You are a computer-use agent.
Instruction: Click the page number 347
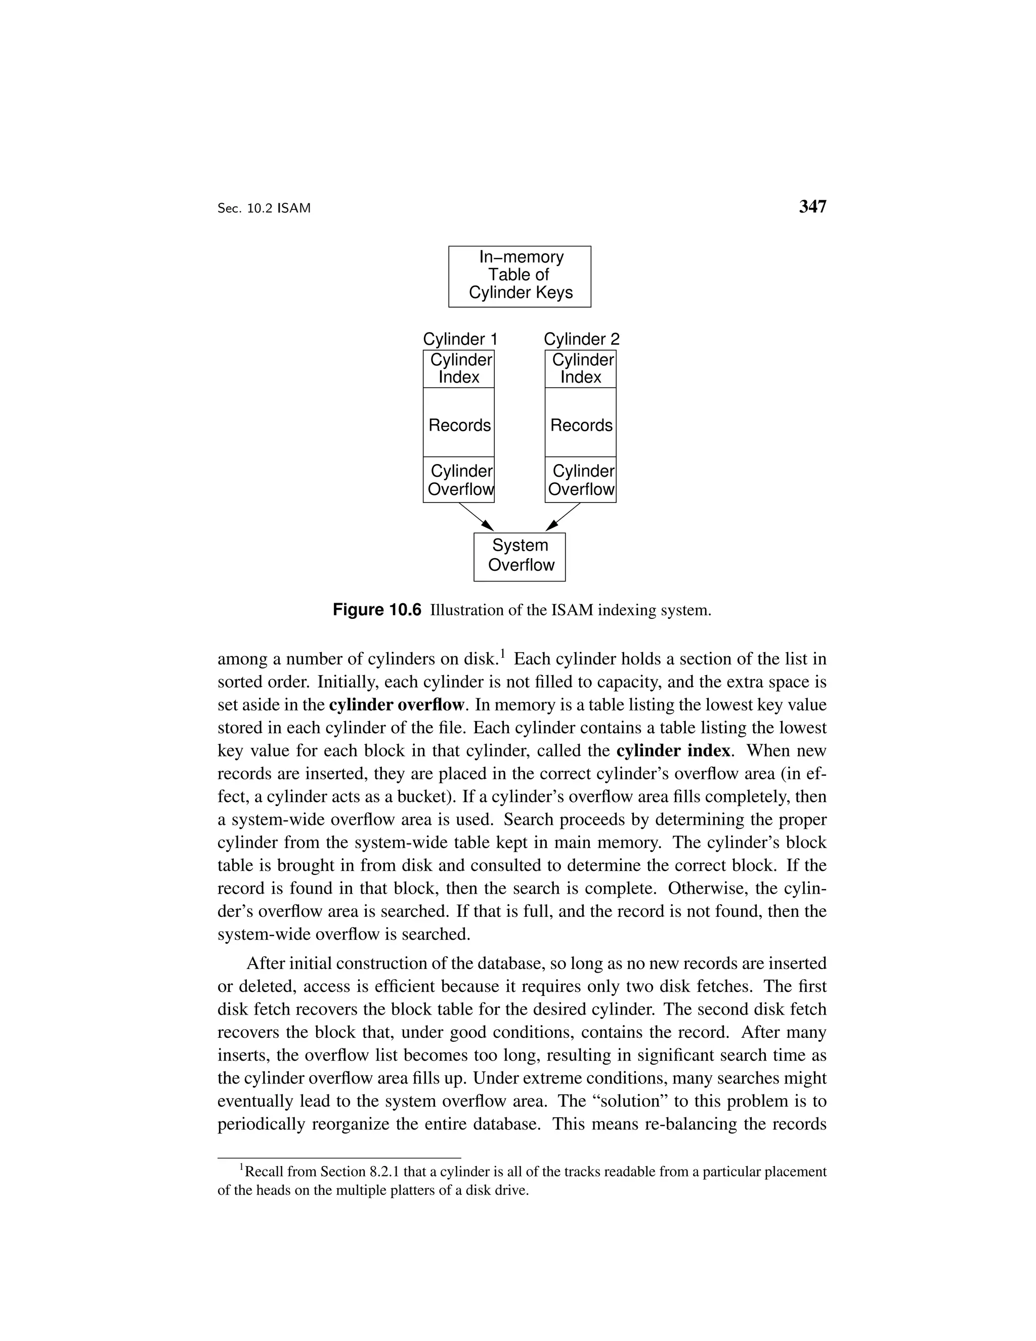point(812,207)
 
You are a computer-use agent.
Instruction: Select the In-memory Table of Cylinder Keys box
point(519,276)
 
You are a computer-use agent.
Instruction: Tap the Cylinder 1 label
point(460,339)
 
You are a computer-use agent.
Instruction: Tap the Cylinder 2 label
point(581,339)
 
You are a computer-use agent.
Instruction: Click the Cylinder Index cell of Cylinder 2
point(581,368)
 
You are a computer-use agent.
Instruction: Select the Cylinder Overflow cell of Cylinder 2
point(581,480)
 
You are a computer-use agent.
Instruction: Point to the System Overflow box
point(519,556)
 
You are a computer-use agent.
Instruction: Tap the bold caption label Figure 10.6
point(377,610)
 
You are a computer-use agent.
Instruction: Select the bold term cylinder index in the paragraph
point(673,751)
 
